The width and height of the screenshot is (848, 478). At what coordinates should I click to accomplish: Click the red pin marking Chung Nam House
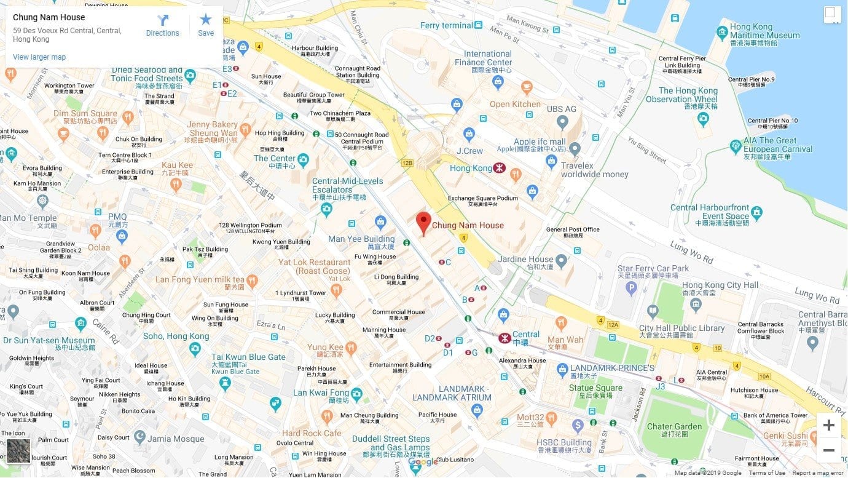[423, 222]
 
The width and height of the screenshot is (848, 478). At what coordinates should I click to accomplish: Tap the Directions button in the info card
[163, 26]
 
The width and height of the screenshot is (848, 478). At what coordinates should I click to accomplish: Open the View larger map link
[39, 57]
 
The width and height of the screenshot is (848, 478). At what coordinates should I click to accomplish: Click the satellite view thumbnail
[18, 451]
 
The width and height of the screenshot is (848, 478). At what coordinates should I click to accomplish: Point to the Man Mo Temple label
[28, 218]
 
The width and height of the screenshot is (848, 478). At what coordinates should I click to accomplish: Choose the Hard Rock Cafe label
[312, 433]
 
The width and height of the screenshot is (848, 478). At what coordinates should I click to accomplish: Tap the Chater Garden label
[674, 426]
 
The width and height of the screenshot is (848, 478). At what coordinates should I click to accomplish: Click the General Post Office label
[573, 230]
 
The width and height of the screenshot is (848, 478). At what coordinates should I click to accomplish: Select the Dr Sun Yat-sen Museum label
[49, 340]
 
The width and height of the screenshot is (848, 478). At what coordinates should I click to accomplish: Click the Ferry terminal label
[446, 25]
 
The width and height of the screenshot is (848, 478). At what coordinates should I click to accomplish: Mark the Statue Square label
[595, 388]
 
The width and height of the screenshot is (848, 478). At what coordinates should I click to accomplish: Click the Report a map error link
[817, 473]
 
